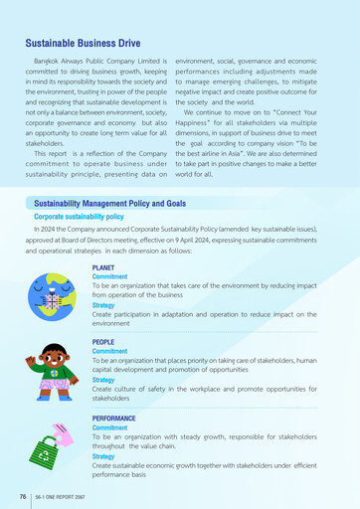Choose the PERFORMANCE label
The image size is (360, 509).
pyautogui.click(x=118, y=419)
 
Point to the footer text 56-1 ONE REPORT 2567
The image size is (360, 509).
pyautogui.click(x=62, y=493)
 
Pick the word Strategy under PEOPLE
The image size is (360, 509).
pyautogui.click(x=103, y=380)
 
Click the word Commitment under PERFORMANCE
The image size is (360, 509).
pyautogui.click(x=110, y=427)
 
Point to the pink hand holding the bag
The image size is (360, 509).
pyautogui.click(x=65, y=435)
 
